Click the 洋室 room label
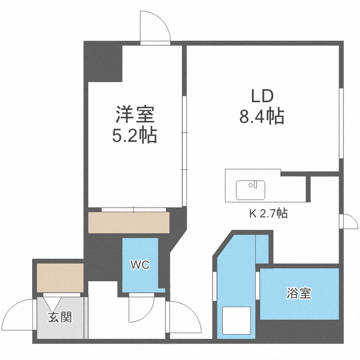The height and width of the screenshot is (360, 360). [x=134, y=115]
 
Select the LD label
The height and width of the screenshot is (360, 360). [x=262, y=96]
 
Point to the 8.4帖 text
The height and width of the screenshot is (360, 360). [x=262, y=117]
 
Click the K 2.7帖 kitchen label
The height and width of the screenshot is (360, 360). [x=268, y=214]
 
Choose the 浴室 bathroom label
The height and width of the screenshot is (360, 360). [x=299, y=293]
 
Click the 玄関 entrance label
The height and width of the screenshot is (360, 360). [x=60, y=317]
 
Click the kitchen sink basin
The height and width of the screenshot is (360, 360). [x=251, y=190]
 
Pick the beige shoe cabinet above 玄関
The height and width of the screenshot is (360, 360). [x=60, y=278]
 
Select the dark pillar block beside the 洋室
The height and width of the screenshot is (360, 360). [x=103, y=62]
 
